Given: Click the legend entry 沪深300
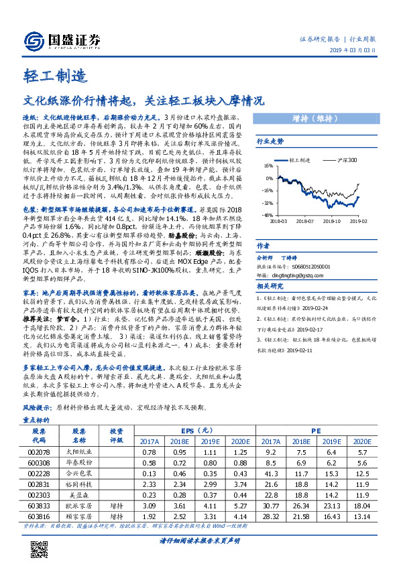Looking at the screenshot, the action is (x=347, y=161).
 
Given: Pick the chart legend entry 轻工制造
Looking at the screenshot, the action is (x=299, y=161).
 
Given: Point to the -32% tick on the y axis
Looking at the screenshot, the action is (x=268, y=203).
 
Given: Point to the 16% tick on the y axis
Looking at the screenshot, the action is (x=268, y=167).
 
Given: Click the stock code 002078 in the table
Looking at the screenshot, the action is (x=39, y=453).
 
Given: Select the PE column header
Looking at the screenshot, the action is (x=315, y=431).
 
